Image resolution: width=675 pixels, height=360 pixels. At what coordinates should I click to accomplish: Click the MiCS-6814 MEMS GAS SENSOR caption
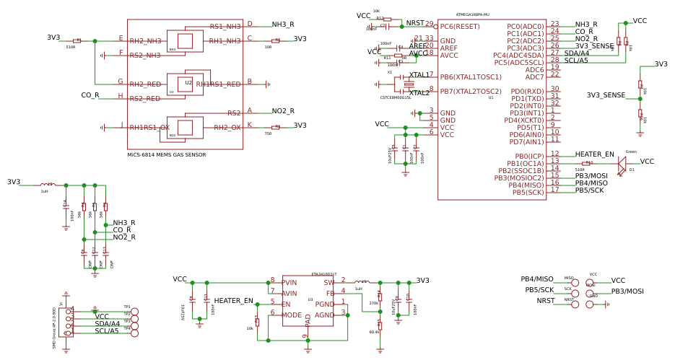[167, 154]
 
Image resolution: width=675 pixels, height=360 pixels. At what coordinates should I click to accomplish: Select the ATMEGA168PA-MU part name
[472, 14]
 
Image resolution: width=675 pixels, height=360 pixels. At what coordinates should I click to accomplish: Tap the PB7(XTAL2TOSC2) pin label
[471, 92]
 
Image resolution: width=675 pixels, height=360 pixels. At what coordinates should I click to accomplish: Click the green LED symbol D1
[622, 164]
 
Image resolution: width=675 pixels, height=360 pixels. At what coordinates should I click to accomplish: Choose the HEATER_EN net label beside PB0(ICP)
[594, 154]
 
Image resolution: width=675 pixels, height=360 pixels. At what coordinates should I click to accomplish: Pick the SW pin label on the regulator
[328, 283]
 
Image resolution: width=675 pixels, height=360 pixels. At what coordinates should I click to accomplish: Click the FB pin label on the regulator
[330, 294]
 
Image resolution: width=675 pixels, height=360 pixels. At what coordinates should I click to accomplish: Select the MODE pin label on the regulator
[292, 315]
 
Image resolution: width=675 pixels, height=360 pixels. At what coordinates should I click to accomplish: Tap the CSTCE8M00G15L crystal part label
[395, 97]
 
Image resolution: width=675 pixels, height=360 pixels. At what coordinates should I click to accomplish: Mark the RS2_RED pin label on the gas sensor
[145, 99]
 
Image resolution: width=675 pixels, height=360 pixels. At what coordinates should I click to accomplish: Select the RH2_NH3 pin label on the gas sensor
[145, 41]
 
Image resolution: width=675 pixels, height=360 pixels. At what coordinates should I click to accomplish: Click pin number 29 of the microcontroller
[429, 24]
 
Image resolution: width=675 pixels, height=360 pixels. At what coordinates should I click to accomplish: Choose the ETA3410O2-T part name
[323, 274]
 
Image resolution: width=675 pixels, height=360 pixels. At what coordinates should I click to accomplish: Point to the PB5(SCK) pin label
[528, 193]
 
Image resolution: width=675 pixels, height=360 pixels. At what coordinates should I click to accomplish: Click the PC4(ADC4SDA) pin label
[518, 56]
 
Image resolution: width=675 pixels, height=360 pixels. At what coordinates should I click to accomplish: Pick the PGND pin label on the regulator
[324, 304]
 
